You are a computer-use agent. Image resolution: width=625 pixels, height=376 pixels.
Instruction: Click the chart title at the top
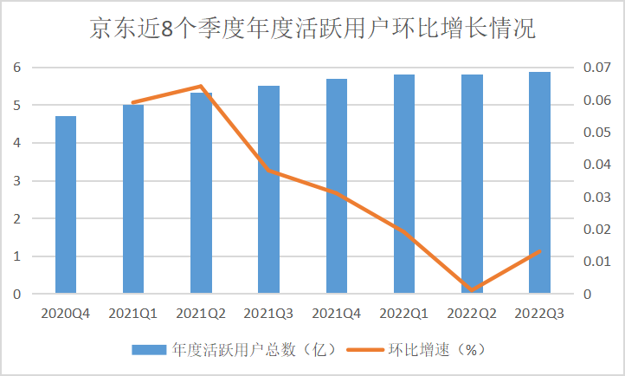(x=312, y=29)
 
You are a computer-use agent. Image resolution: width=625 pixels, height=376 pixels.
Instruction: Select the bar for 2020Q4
(x=66, y=205)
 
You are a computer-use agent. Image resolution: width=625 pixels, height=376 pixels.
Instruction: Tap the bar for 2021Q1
(x=133, y=199)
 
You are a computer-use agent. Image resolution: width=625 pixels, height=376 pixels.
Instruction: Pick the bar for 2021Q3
(x=268, y=190)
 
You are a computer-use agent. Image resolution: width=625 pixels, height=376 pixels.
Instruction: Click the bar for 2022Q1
(x=404, y=184)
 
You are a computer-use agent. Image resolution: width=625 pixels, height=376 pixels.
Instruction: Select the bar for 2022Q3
(x=539, y=183)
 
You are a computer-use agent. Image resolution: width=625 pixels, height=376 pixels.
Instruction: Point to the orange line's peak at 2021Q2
(x=201, y=87)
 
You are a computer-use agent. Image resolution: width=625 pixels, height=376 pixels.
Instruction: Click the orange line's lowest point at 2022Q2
(x=473, y=289)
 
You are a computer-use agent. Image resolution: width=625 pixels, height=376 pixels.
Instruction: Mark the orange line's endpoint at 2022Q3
(x=540, y=251)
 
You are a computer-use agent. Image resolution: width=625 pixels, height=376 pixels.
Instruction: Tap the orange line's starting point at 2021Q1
(x=133, y=102)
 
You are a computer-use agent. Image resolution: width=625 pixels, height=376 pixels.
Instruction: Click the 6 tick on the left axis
(x=16, y=68)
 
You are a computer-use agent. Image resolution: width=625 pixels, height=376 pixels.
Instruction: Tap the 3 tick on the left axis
(x=16, y=181)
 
